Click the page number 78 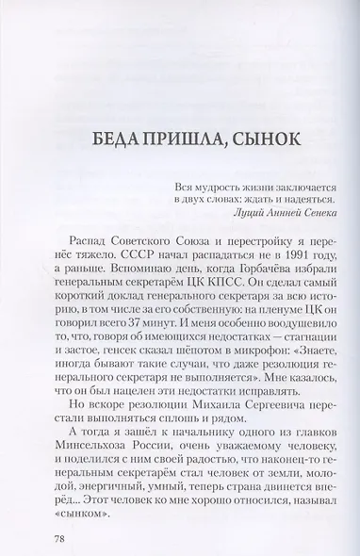(61, 515)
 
